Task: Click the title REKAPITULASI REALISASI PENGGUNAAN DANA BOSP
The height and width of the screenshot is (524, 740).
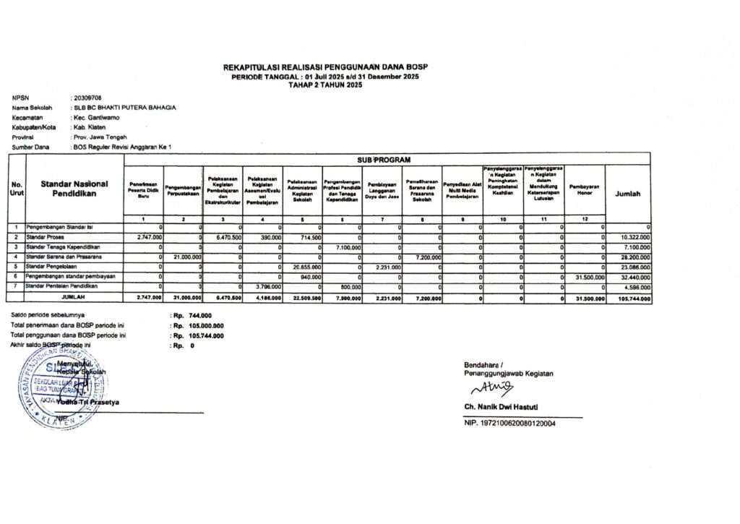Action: pos(326,67)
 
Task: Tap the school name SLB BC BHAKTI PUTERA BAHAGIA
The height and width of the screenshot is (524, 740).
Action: pos(124,107)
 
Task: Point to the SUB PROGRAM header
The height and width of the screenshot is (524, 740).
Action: pos(389,158)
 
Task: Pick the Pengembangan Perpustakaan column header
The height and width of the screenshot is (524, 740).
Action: pos(184,191)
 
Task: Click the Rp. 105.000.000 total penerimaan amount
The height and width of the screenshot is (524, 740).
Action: pos(197,326)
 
